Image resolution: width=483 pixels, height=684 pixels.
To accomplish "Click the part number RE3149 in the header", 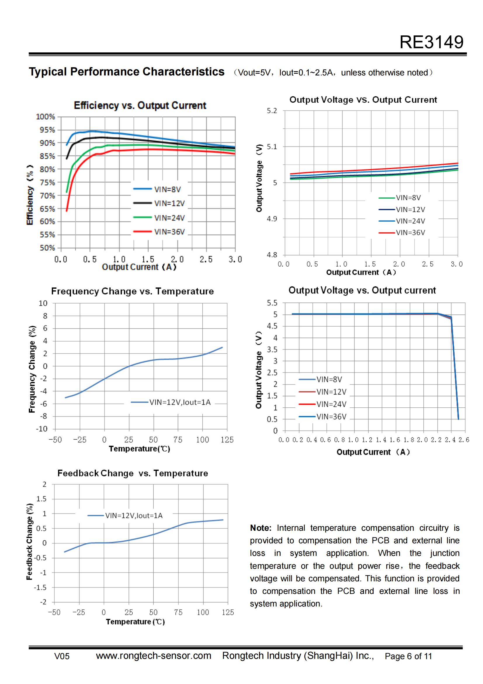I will click(431, 42).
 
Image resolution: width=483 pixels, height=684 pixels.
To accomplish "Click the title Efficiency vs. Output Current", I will click(140, 106).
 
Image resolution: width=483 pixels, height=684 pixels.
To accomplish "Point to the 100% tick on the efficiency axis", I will click(46, 117).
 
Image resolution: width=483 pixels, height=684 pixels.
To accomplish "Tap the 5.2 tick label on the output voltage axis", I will click(272, 111).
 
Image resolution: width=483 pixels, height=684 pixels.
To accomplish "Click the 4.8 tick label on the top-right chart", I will click(272, 255).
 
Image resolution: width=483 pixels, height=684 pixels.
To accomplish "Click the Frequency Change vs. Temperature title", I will click(132, 291).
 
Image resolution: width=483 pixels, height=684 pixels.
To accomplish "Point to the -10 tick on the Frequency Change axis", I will click(42, 429).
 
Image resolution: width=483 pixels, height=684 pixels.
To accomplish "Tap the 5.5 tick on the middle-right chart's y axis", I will click(272, 303).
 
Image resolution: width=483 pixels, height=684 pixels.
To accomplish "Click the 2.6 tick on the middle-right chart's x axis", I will click(464, 440).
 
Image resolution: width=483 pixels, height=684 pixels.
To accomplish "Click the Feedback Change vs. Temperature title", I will click(133, 473).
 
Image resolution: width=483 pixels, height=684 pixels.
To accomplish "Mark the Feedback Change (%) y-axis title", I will click(29, 542).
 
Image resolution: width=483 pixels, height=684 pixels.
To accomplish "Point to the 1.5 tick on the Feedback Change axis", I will click(41, 499).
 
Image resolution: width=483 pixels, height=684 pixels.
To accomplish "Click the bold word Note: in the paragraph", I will click(260, 528).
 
